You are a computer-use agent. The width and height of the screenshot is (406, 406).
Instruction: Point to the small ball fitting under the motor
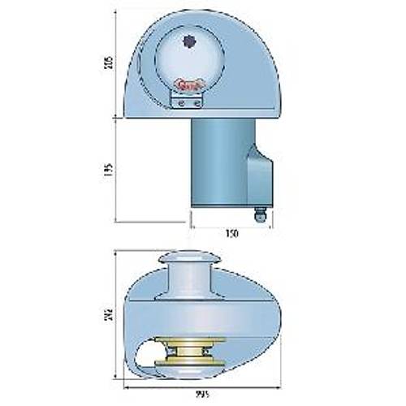pos(261,214)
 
